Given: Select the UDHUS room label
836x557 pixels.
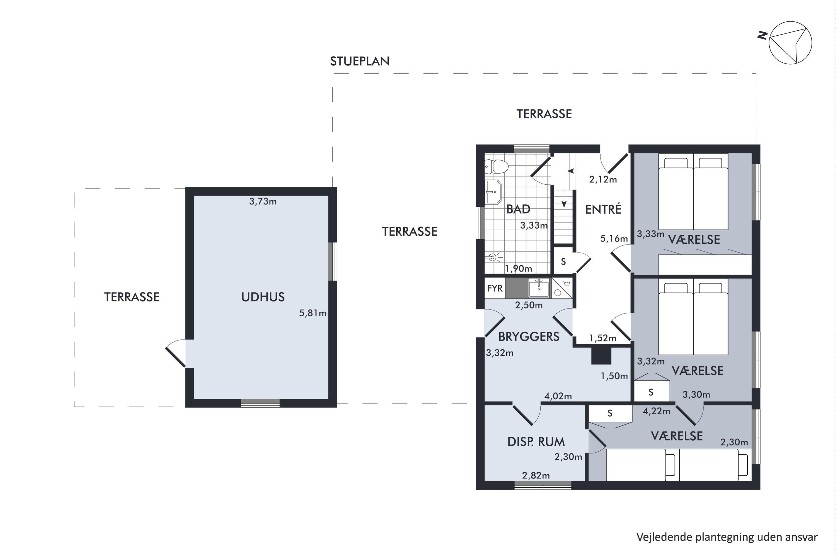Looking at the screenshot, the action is click(x=263, y=297).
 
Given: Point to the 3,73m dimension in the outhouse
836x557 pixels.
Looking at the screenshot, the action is click(x=263, y=201).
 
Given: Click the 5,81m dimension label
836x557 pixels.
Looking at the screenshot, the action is click(x=313, y=313).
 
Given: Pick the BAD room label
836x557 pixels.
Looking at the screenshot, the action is click(x=518, y=209).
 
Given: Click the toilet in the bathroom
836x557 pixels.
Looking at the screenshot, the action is click(x=497, y=166).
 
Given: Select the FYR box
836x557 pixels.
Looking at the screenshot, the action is click(x=495, y=288).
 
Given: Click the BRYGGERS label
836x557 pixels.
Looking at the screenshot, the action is click(x=529, y=336).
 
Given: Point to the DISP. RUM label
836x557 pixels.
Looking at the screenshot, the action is click(x=536, y=441).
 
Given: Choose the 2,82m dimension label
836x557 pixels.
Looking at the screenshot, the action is click(x=536, y=475).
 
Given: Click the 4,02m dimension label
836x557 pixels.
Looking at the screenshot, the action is click(x=558, y=396).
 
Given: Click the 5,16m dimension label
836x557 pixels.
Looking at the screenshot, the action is click(x=614, y=238).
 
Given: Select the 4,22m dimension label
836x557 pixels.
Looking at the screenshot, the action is click(x=657, y=411).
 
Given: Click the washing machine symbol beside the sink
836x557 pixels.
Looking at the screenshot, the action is click(x=562, y=288).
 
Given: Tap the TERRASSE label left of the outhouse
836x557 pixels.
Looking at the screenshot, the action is click(x=132, y=297).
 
